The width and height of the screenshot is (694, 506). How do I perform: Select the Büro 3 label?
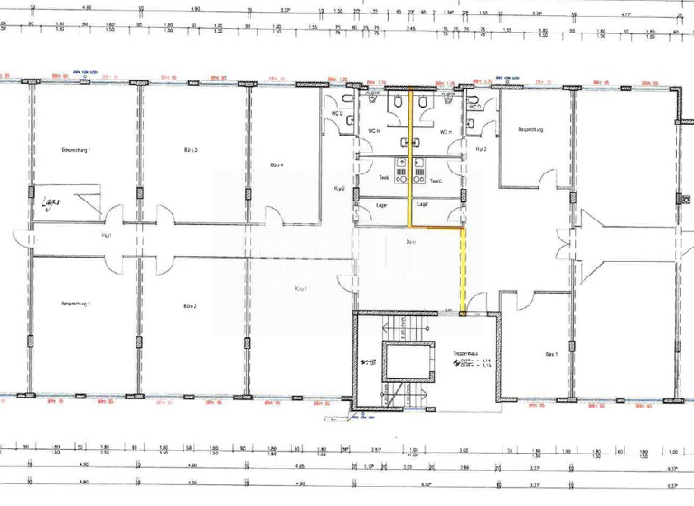click(190, 149)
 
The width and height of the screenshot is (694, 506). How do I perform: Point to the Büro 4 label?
click(277, 165)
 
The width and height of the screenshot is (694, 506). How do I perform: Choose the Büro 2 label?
click(190, 306)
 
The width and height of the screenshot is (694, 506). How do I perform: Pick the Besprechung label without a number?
click(530, 130)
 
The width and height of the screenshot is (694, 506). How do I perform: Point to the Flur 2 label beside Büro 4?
click(340, 189)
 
